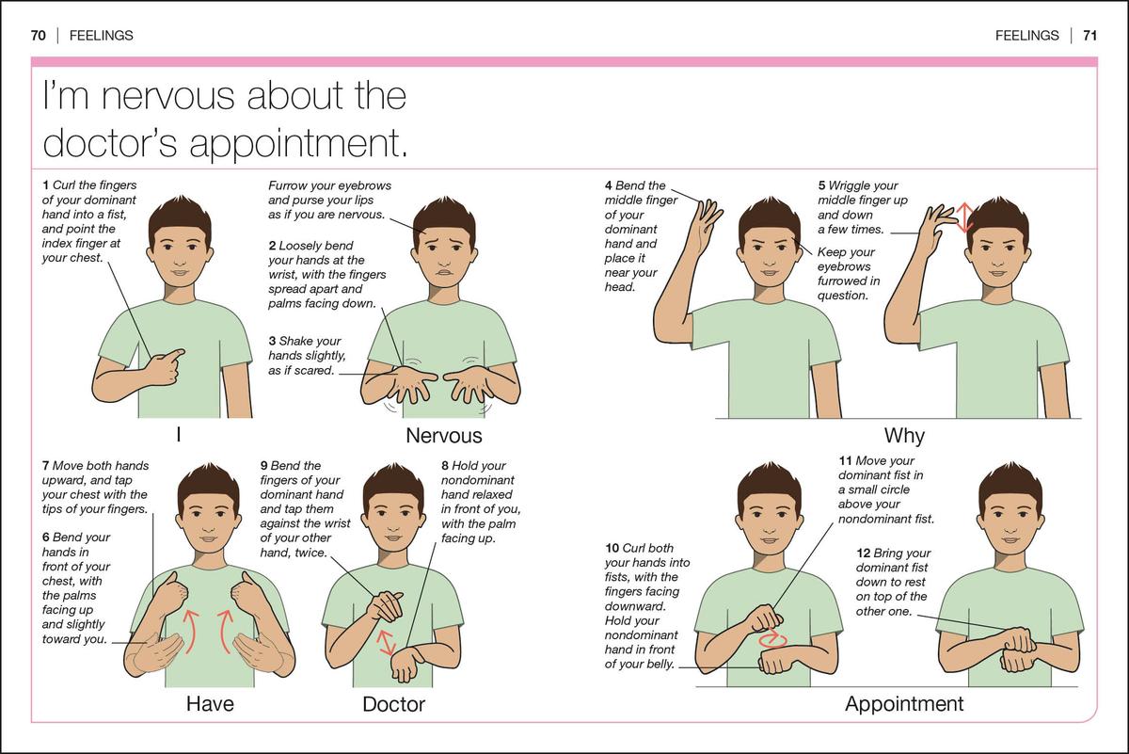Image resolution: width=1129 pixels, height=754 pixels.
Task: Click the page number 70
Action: tap(39, 36)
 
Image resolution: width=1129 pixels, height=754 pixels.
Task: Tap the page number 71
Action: tap(1089, 36)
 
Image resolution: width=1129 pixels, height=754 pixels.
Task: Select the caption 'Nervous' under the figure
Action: tap(443, 436)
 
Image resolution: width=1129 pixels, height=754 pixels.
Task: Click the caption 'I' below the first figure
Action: tap(178, 436)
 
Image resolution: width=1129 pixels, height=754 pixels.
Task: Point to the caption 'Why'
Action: tap(904, 436)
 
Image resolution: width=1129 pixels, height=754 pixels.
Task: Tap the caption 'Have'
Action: tap(210, 703)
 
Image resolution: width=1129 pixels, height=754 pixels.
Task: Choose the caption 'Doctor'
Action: tap(394, 703)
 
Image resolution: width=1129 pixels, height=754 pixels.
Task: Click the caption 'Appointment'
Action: tap(904, 703)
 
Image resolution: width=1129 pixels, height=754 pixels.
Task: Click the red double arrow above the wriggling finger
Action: tap(962, 217)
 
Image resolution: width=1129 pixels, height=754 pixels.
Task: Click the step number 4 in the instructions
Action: tap(609, 186)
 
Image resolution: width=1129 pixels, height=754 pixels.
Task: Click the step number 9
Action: tap(264, 466)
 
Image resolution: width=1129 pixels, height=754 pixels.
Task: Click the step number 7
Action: tap(46, 466)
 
